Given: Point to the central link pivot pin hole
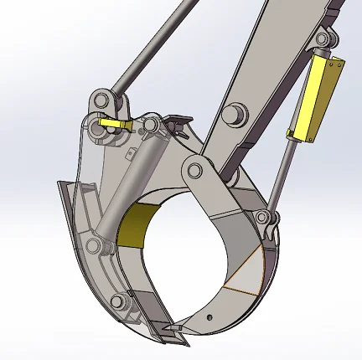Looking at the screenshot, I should click(x=194, y=171).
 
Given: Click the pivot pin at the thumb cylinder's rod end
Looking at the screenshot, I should click(x=270, y=220).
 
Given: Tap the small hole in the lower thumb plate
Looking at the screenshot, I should click(x=213, y=316).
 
